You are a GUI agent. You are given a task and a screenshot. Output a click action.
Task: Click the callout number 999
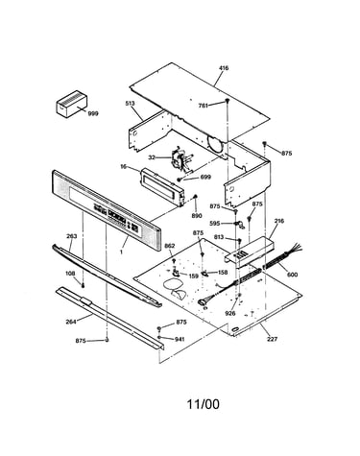93,113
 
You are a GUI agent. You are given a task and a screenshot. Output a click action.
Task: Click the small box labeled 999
72,104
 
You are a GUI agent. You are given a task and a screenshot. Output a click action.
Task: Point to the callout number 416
224,68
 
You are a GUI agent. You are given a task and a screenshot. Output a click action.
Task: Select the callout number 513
130,104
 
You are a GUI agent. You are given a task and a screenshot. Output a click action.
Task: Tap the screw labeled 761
228,101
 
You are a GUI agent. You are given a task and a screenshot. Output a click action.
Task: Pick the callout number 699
205,177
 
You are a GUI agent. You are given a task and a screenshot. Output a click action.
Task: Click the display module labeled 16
162,186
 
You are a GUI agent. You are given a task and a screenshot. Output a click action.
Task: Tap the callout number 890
197,216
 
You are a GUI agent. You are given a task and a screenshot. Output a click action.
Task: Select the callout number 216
279,221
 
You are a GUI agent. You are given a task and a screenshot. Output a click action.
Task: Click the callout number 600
292,275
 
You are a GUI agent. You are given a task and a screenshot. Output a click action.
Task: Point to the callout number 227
273,339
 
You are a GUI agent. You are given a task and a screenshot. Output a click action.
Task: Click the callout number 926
230,313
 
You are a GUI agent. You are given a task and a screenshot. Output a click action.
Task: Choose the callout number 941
180,339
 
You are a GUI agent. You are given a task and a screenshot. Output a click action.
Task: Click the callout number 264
71,322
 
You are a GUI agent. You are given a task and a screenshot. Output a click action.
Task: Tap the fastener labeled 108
83,285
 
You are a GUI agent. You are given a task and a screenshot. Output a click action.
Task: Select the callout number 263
71,236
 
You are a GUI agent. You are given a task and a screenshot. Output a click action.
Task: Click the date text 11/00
204,404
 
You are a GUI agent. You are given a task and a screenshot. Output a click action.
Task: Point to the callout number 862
170,246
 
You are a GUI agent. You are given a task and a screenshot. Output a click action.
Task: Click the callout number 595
215,224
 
